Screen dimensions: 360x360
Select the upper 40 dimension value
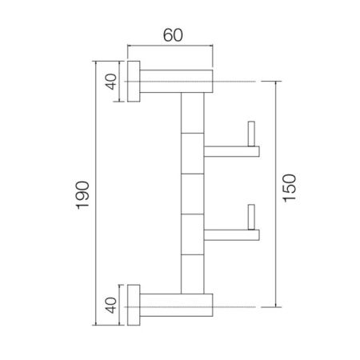pos(111,81)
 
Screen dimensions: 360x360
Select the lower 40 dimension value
pos(111,304)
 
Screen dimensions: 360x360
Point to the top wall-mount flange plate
pos(134,81)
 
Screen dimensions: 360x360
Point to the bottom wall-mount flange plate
pos(134,304)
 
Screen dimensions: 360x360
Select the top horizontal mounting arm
pos(177,81)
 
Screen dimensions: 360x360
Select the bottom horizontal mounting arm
pos(177,304)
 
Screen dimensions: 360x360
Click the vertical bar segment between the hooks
pos(194,192)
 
